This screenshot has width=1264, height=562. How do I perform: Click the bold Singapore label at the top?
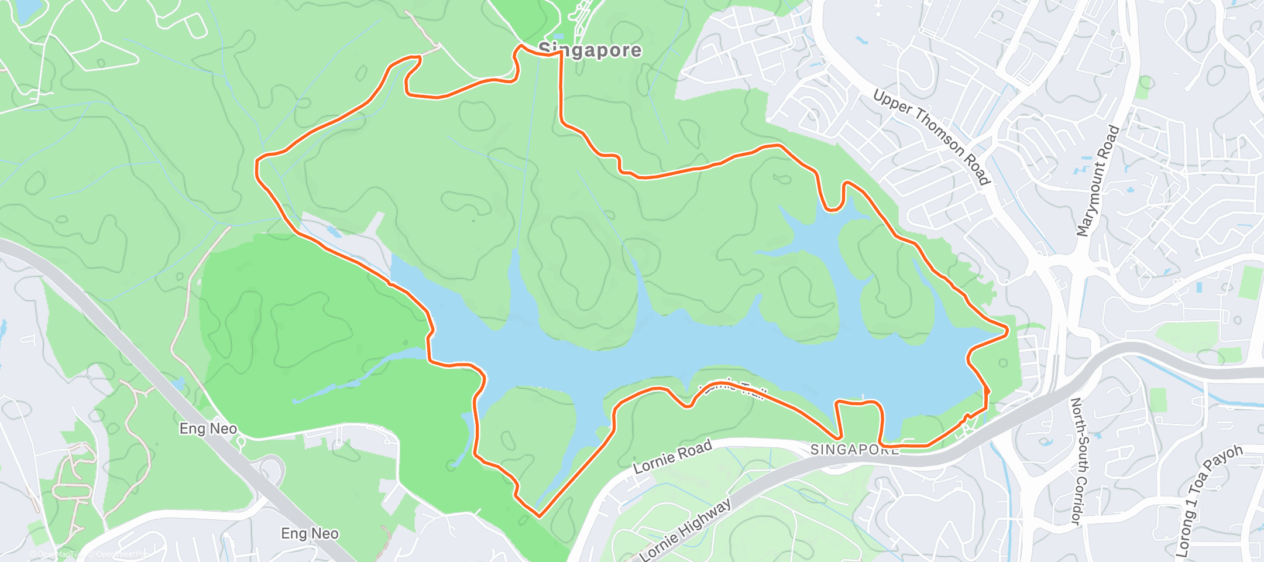point(590,50)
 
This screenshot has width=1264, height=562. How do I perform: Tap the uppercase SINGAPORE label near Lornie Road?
point(854,450)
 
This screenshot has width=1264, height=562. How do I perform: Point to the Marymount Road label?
point(1098,181)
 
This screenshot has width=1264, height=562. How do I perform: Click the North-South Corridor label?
point(1077,461)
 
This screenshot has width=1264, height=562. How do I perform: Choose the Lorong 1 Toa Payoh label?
point(1208,501)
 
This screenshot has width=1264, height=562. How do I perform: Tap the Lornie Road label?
point(673,457)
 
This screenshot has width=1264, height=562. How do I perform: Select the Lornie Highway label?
point(685,530)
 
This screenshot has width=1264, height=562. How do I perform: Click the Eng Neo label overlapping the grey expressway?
point(208,429)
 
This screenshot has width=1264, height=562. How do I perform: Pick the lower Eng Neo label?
point(310,534)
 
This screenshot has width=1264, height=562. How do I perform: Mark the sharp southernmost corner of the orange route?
point(539,516)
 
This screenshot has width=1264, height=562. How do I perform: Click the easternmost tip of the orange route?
point(1007,331)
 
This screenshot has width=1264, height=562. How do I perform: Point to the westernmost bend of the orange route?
point(256,169)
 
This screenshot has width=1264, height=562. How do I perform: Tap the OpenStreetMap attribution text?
point(119,554)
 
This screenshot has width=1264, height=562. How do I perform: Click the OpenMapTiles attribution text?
point(56,554)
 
